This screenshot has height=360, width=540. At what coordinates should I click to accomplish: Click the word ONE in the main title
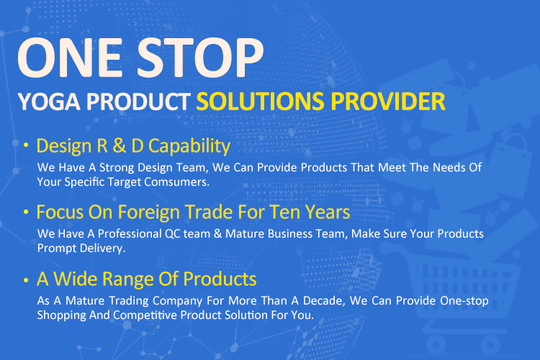tap(70, 58)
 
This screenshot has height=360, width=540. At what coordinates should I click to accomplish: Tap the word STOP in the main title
tap(201, 58)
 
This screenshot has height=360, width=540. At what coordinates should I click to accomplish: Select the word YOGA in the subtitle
tap(49, 102)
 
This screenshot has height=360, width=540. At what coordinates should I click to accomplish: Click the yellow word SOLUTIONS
tap(260, 102)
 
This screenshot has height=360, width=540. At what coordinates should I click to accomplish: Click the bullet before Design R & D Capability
tap(26, 145)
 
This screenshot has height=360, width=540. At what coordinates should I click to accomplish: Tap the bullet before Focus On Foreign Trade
tap(26, 212)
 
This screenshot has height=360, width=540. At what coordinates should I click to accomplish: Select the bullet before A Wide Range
tap(26, 280)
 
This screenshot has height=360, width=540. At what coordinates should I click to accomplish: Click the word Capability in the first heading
tap(189, 146)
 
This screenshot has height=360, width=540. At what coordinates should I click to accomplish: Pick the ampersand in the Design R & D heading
tap(119, 145)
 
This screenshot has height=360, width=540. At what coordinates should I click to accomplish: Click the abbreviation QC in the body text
tap(172, 234)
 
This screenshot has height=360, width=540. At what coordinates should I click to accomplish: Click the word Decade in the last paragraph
tap(324, 301)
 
